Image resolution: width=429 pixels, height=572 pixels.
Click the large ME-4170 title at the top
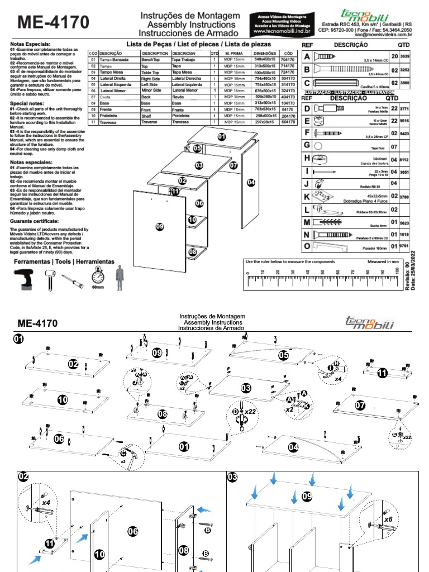53,22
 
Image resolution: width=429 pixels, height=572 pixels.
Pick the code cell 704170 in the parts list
288,59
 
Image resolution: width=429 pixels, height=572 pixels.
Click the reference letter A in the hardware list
307,56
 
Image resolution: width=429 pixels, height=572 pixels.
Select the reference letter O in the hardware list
307,246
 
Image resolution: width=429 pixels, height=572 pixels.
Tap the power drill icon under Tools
26,278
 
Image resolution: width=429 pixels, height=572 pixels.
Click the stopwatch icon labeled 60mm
98,277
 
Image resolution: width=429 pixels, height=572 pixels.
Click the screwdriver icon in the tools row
73,280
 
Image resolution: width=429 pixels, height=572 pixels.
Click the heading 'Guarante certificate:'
35,222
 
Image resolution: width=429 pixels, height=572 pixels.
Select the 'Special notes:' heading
27,104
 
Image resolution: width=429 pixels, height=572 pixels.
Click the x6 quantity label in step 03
387,519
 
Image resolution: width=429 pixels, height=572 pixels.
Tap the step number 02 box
23,476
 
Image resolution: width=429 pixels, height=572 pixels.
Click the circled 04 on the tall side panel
251,182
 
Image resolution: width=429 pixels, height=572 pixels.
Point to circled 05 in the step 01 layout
283,355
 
